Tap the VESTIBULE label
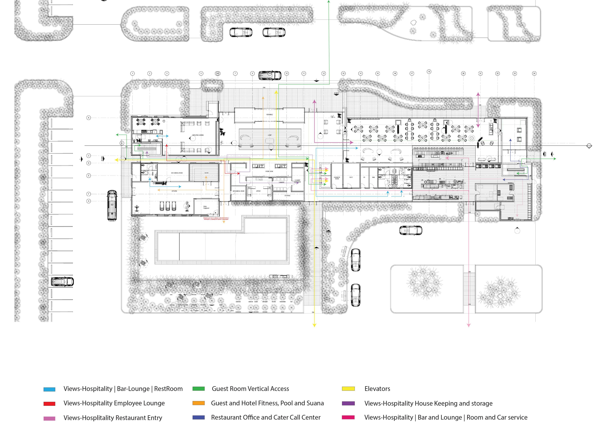point(269,115)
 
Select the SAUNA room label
point(206,173)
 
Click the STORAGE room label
point(287,196)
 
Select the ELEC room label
point(351,177)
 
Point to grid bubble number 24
point(534,73)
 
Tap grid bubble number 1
point(132,73)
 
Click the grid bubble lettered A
point(89,118)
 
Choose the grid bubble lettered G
point(89,201)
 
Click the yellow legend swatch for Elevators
point(348,389)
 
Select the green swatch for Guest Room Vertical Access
point(198,389)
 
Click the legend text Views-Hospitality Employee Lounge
point(114,403)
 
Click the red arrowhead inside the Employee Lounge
point(167,145)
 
